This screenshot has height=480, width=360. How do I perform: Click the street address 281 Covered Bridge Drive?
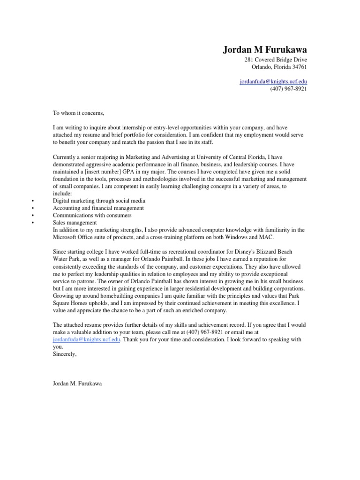point(276,60)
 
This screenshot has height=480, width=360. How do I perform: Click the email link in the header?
point(273,81)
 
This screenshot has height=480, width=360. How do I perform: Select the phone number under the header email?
point(288,89)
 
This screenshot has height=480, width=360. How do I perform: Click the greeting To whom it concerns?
point(76,113)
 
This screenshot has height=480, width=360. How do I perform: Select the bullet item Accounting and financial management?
point(98,208)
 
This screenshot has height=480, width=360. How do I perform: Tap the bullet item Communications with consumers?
point(92,215)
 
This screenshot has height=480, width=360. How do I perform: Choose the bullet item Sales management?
point(75,223)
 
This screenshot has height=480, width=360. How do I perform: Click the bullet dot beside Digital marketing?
point(32,201)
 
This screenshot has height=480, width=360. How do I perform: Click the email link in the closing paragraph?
point(86,339)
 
